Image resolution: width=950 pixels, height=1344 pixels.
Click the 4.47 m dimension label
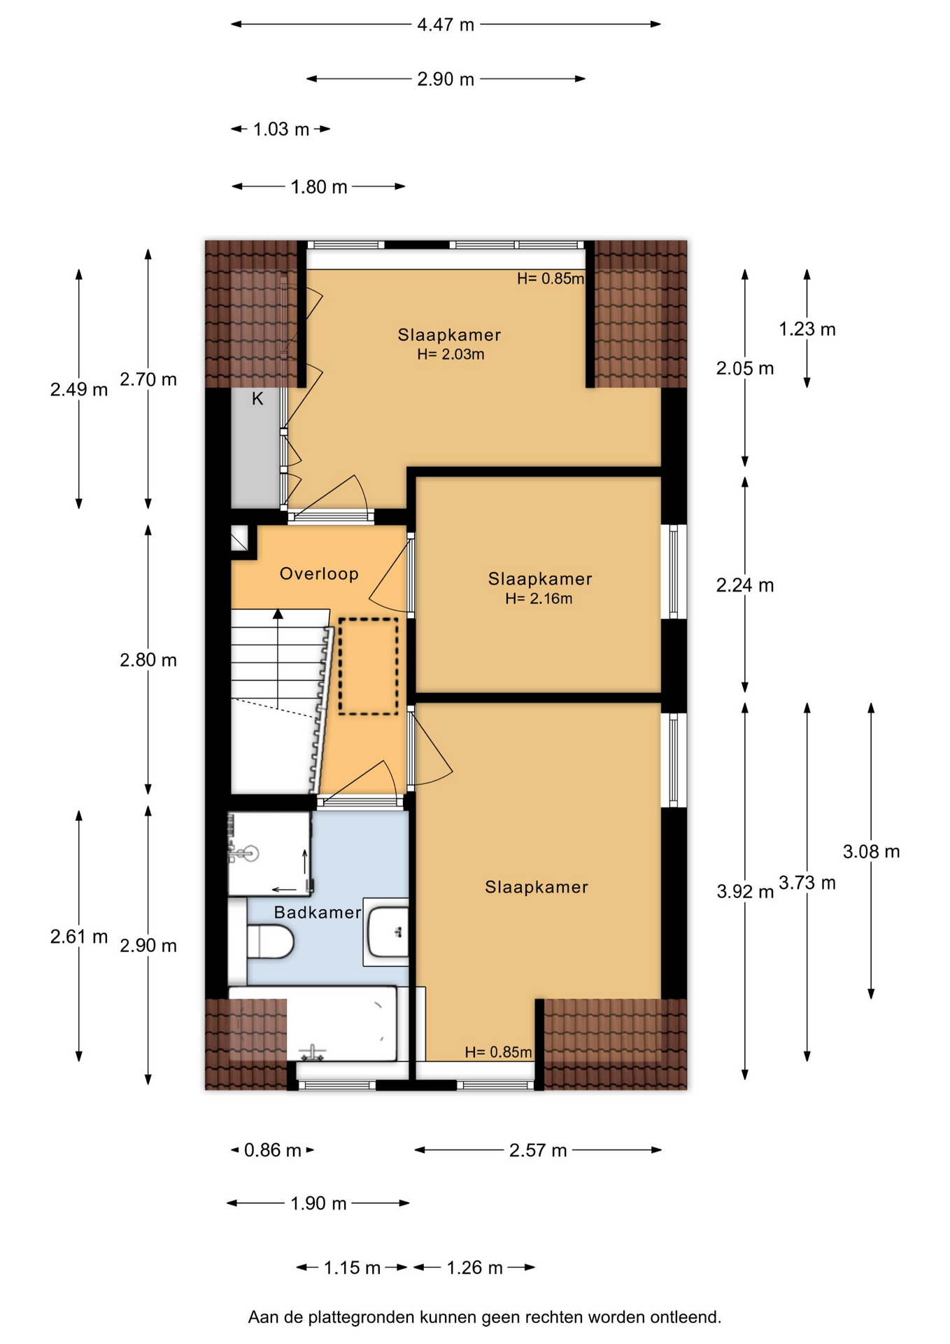coord(446,25)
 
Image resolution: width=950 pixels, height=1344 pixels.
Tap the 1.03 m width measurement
coord(281,129)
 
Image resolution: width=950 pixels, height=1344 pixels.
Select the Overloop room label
coord(319,574)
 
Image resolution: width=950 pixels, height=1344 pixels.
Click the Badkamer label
coord(318,912)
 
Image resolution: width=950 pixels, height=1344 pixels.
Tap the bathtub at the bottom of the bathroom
coord(313,1024)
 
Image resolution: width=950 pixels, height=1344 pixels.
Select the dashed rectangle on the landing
coord(368,666)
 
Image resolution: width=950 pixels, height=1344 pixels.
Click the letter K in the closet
coord(257,399)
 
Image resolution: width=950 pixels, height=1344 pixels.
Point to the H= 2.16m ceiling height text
coord(539,598)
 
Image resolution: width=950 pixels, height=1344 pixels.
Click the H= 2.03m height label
coord(451,354)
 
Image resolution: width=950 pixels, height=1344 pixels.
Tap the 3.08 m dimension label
coord(871,852)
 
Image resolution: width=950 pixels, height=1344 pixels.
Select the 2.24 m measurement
coord(745,585)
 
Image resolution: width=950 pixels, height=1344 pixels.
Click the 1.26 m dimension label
coord(475,1268)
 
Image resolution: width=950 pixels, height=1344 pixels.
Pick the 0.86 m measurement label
coord(273,1150)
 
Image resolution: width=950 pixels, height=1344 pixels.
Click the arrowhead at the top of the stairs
coord(278,614)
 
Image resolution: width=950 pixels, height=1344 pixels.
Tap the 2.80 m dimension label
coord(148,660)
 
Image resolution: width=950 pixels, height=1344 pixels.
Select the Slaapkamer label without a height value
coord(537,888)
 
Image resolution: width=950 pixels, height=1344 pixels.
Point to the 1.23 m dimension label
coord(807,329)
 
